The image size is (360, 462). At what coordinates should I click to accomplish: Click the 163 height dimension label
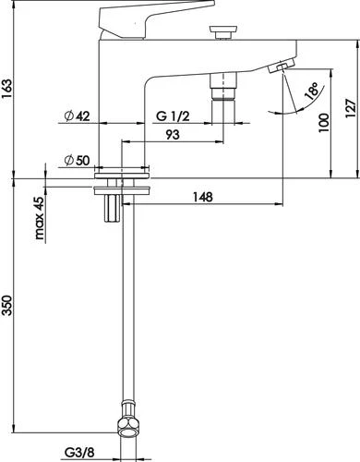[7, 89]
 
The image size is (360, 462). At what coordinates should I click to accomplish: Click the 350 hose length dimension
[7, 305]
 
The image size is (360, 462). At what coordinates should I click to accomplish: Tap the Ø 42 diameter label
[78, 116]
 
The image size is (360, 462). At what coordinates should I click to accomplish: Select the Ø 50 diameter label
[78, 160]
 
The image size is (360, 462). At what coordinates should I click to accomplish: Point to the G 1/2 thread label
[173, 116]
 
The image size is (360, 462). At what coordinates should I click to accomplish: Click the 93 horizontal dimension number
[173, 135]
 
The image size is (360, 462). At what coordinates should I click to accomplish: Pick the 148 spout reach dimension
[203, 197]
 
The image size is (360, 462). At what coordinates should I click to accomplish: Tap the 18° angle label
[311, 91]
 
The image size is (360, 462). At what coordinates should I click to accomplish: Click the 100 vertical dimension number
[324, 123]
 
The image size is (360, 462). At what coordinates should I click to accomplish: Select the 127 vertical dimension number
[351, 108]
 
